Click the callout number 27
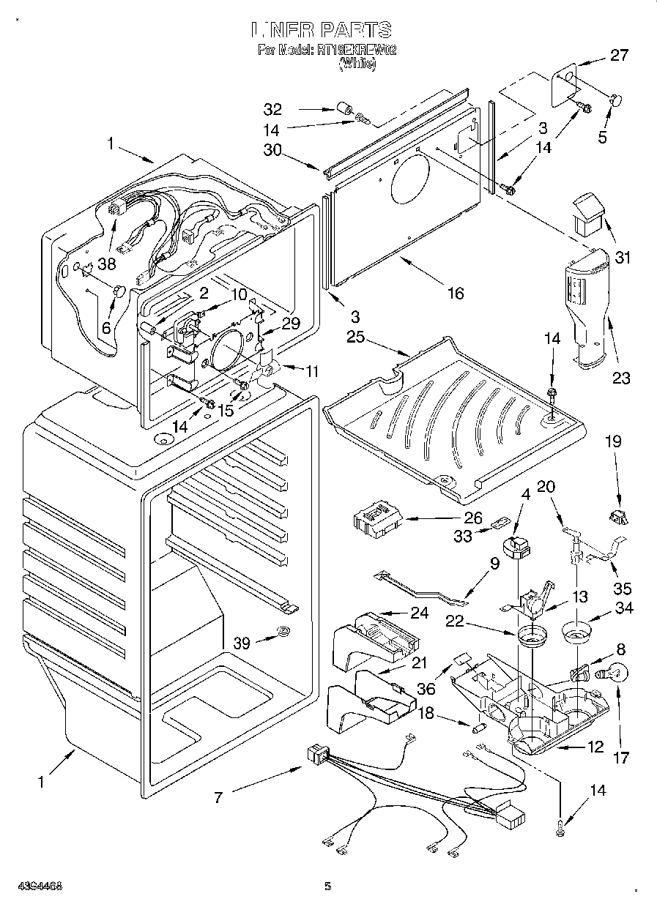(619, 56)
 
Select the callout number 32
(272, 110)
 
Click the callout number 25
(355, 337)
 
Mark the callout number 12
(595, 747)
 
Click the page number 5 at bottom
(328, 887)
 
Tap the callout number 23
(621, 378)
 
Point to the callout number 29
(291, 322)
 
